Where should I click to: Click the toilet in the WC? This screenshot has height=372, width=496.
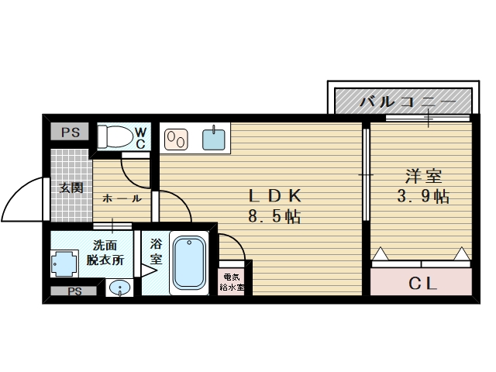coord(115,136)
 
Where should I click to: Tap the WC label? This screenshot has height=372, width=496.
coord(141,138)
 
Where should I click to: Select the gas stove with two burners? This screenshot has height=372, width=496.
coord(176,139)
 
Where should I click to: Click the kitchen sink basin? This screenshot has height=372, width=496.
coord(214,139)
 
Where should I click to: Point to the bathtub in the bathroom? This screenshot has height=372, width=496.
coord(189,263)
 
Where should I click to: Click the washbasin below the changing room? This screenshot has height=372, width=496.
coord(119,288)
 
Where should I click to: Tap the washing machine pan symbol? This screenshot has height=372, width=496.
coord(64,263)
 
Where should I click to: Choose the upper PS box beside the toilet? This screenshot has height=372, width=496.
coord(71,132)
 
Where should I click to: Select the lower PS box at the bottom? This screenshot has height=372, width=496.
coord(74,291)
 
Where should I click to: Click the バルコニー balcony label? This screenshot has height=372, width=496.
coord(408,102)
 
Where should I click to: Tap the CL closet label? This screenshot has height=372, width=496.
coord(422,283)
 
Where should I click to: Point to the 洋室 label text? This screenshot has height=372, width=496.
coord(423,177)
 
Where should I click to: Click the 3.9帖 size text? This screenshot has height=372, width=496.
coord(423,196)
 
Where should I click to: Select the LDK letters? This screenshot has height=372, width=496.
coord(274,196)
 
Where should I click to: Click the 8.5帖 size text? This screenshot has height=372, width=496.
coord(274,217)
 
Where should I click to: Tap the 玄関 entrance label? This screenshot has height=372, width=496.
coord(71,188)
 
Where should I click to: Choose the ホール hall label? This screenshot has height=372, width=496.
coord(122,198)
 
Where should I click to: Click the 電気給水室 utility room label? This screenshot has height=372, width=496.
coord(232,282)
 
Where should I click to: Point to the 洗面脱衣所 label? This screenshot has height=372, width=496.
coord(105,253)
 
